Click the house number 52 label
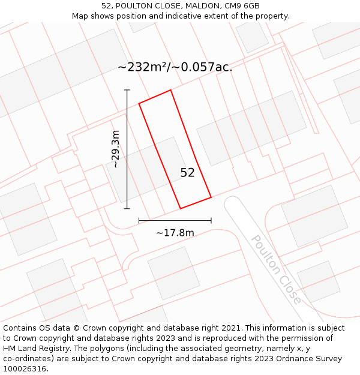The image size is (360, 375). pyautogui.click(x=187, y=173)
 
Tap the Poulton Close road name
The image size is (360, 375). pyautogui.click(x=276, y=269)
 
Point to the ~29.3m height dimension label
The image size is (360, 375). pyautogui.click(x=116, y=149)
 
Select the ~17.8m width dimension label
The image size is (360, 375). pyautogui.click(x=175, y=233)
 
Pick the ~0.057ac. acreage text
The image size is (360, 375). pyautogui.click(x=202, y=67)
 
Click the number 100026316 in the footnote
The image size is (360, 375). pyautogui.click(x=23, y=369)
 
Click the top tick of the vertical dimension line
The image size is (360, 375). pyautogui.click(x=127, y=90)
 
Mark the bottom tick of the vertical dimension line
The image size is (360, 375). pyautogui.click(x=127, y=209)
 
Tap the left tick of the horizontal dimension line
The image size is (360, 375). pyautogui.click(x=139, y=221)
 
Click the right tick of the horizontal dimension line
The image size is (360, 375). pyautogui.click(x=211, y=221)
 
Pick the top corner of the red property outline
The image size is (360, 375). pyautogui.click(x=171, y=91)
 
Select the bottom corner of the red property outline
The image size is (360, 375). pyautogui.click(x=181, y=208)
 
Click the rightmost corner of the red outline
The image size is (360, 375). pyautogui.click(x=211, y=197)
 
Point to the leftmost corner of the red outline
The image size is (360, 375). pyautogui.click(x=139, y=104)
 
